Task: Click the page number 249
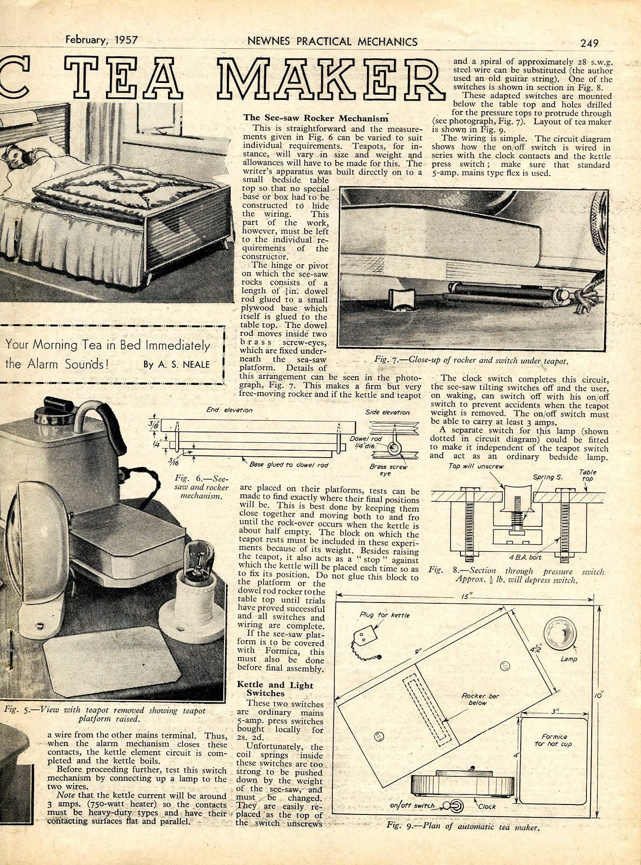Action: tap(589, 43)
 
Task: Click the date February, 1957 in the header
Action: tap(101, 41)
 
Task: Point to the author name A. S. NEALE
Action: tap(177, 365)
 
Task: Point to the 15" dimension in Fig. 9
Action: tap(465, 596)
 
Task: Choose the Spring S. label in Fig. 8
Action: tap(547, 477)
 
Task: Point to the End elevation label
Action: tap(230, 410)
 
